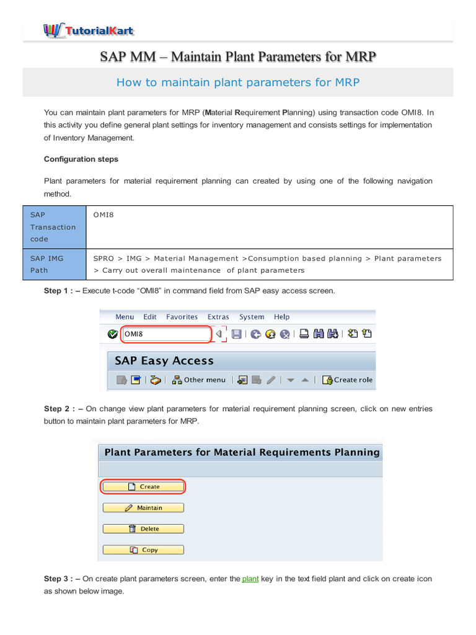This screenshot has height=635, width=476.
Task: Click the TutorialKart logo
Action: (88, 29)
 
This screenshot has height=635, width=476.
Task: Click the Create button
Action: (143, 487)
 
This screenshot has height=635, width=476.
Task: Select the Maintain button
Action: (143, 508)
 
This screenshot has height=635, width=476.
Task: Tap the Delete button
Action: (143, 529)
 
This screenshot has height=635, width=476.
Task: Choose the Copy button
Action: (143, 550)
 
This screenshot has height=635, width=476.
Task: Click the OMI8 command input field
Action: (165, 334)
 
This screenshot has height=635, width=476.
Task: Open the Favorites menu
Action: (182, 317)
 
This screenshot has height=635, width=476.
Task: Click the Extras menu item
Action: (218, 317)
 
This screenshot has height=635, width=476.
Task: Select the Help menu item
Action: (281, 317)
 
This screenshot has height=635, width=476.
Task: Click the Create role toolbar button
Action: (348, 380)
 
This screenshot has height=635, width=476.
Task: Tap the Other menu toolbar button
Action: (199, 380)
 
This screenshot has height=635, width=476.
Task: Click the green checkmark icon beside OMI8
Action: (112, 334)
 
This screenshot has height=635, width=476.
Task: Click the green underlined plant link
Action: (250, 579)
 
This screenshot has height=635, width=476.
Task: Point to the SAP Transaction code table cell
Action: (53, 227)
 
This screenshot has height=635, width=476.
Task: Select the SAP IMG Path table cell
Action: (53, 264)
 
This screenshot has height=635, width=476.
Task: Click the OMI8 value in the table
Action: (104, 215)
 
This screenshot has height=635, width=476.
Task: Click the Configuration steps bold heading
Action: (81, 159)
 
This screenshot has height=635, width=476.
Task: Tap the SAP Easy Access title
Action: (164, 361)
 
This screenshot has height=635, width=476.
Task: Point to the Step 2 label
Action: (63, 409)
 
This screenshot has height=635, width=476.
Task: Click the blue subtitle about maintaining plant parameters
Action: (238, 82)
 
